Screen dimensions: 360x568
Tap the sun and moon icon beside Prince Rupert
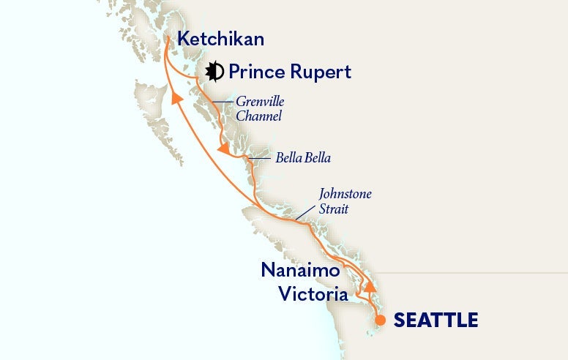pos(214,72)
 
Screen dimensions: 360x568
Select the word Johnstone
pos(345,195)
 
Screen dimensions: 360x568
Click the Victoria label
pos(313,294)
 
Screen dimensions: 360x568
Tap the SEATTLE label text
pos(436,320)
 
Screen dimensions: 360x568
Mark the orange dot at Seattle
pos(380,320)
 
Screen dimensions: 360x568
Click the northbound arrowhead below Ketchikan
pos(176,98)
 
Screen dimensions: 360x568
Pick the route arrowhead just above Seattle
pos(371,286)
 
